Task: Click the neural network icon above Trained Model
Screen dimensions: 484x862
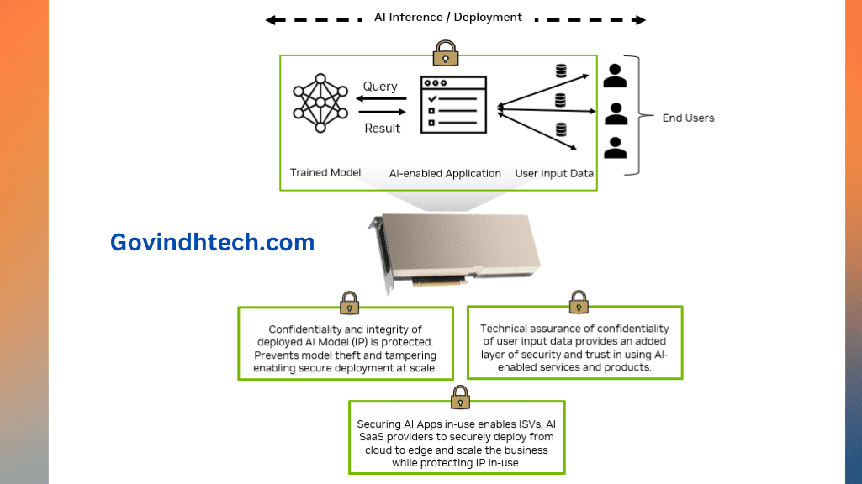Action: (320, 103)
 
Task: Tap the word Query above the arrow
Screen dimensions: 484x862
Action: (380, 87)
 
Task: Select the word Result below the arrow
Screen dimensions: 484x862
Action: (382, 129)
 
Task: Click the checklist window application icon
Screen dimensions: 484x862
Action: (453, 109)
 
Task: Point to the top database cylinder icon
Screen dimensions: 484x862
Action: (561, 71)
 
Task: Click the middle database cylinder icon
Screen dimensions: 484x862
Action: (561, 101)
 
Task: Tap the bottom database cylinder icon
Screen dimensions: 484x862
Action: (561, 129)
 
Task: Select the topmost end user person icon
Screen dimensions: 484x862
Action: (616, 76)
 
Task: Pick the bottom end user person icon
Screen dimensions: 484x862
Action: (616, 148)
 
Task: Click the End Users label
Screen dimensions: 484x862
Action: (688, 118)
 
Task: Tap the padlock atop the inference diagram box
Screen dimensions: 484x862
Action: (445, 54)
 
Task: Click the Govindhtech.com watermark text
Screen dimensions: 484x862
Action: (212, 243)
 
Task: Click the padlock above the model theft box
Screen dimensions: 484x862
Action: (349, 302)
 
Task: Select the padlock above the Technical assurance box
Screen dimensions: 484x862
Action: (579, 301)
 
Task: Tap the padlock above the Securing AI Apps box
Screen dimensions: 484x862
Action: (459, 397)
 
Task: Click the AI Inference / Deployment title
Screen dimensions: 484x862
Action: (448, 18)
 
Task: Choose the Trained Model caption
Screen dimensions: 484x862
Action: (325, 173)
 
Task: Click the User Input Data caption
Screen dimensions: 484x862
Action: (554, 174)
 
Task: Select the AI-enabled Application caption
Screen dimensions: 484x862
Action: (445, 174)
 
